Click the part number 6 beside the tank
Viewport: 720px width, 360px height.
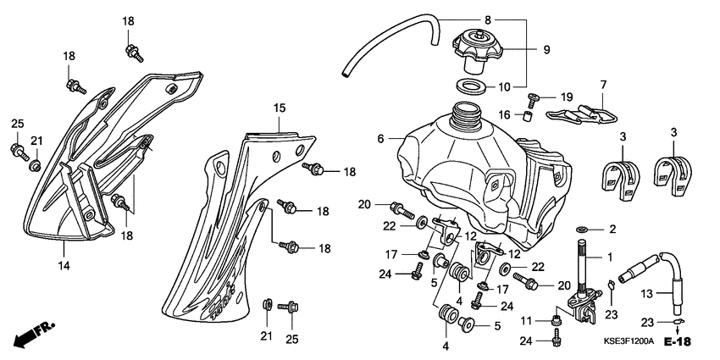(x=381, y=138)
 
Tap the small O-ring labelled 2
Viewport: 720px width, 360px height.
(x=583, y=230)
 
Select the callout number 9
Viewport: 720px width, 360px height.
(x=546, y=50)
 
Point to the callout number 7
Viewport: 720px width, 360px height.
(x=604, y=85)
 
